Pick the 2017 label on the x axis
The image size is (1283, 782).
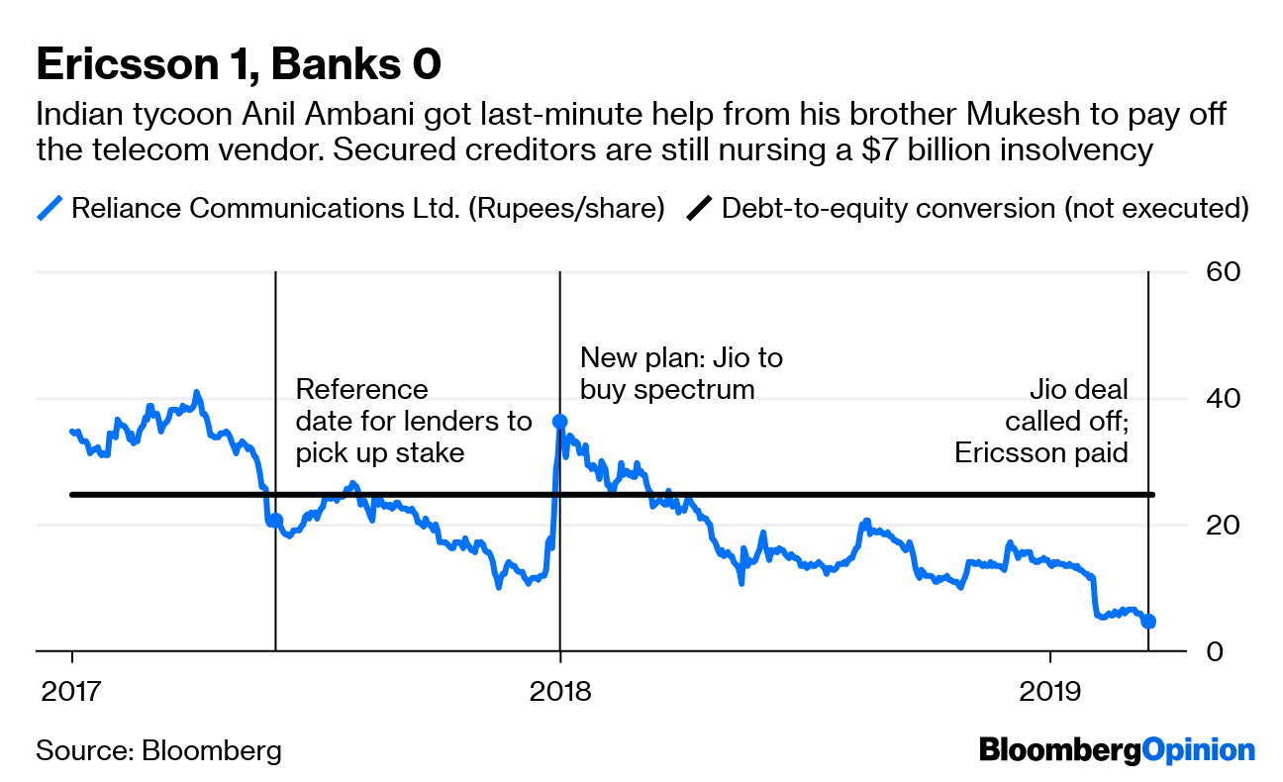72,690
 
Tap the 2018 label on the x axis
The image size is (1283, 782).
560,690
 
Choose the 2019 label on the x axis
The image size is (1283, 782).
1048,690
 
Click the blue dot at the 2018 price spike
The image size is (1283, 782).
560,422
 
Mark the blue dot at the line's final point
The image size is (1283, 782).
1148,622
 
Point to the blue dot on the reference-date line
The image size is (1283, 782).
275,520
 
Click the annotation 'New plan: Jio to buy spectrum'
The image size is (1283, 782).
681,372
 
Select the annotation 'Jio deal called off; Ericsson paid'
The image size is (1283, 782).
1041,421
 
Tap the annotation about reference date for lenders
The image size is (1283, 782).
413,421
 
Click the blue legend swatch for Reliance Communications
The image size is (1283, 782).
49,210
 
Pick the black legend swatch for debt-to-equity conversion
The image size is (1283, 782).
699,210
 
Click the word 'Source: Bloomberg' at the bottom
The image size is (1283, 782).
158,750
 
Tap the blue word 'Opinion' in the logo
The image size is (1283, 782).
1199,750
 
